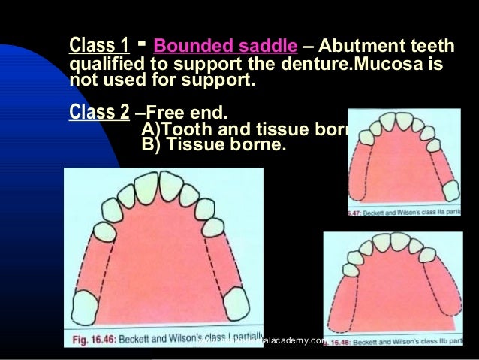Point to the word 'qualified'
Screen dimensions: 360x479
(105, 65)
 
